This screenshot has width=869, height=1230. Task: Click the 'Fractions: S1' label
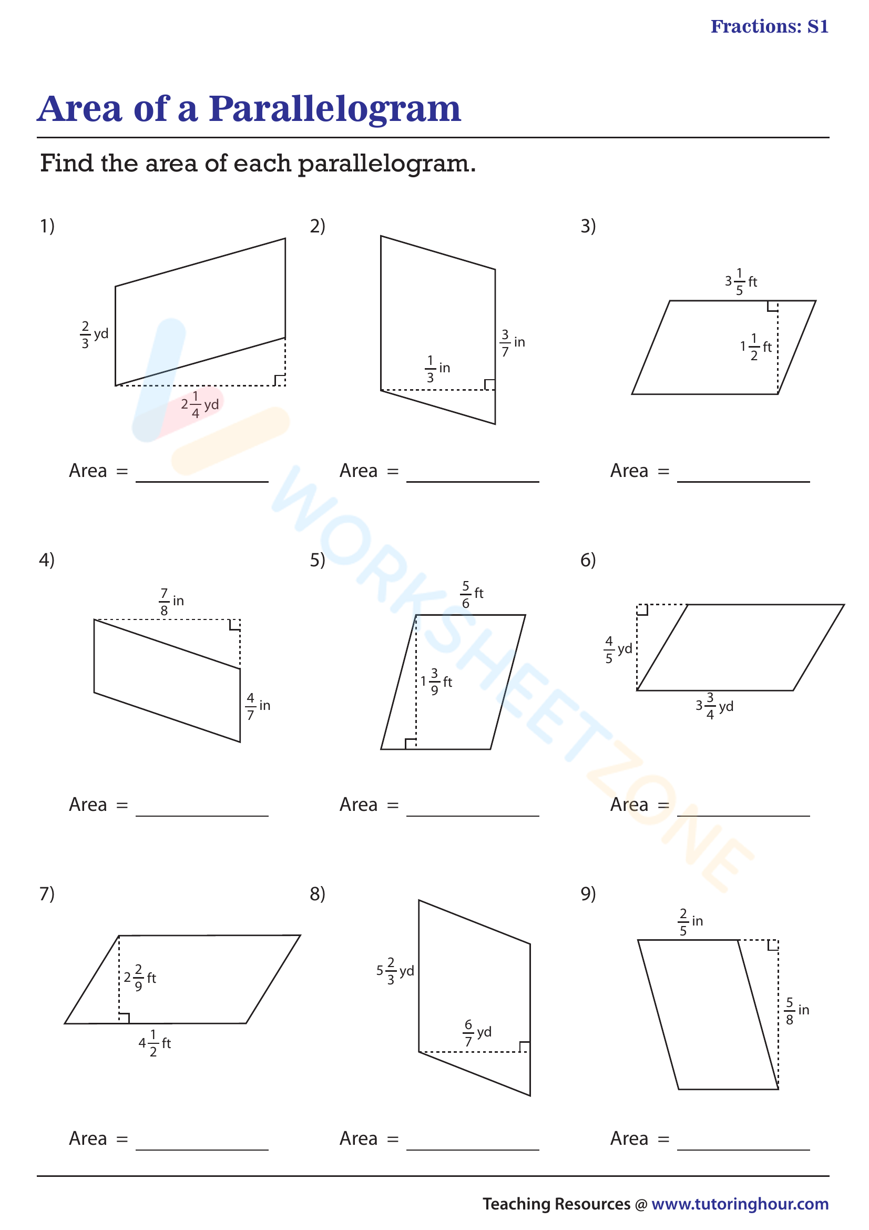point(769,26)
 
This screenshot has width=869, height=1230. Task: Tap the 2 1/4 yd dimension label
point(200,404)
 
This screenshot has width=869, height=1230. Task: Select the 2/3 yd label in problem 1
point(94,335)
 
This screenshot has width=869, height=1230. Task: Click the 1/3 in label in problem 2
point(437,369)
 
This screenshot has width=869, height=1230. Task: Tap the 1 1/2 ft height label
point(755,347)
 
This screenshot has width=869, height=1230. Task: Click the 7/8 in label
point(171,602)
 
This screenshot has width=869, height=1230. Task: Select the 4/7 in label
point(258,706)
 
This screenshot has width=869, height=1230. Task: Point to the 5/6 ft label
point(471,594)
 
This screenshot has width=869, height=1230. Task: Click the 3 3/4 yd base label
point(714,706)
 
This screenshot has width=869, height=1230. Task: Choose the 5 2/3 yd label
point(395,971)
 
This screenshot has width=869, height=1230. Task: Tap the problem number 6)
point(588,560)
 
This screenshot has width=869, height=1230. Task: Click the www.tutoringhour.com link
point(740,1204)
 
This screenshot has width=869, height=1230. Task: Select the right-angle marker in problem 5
point(411,744)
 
